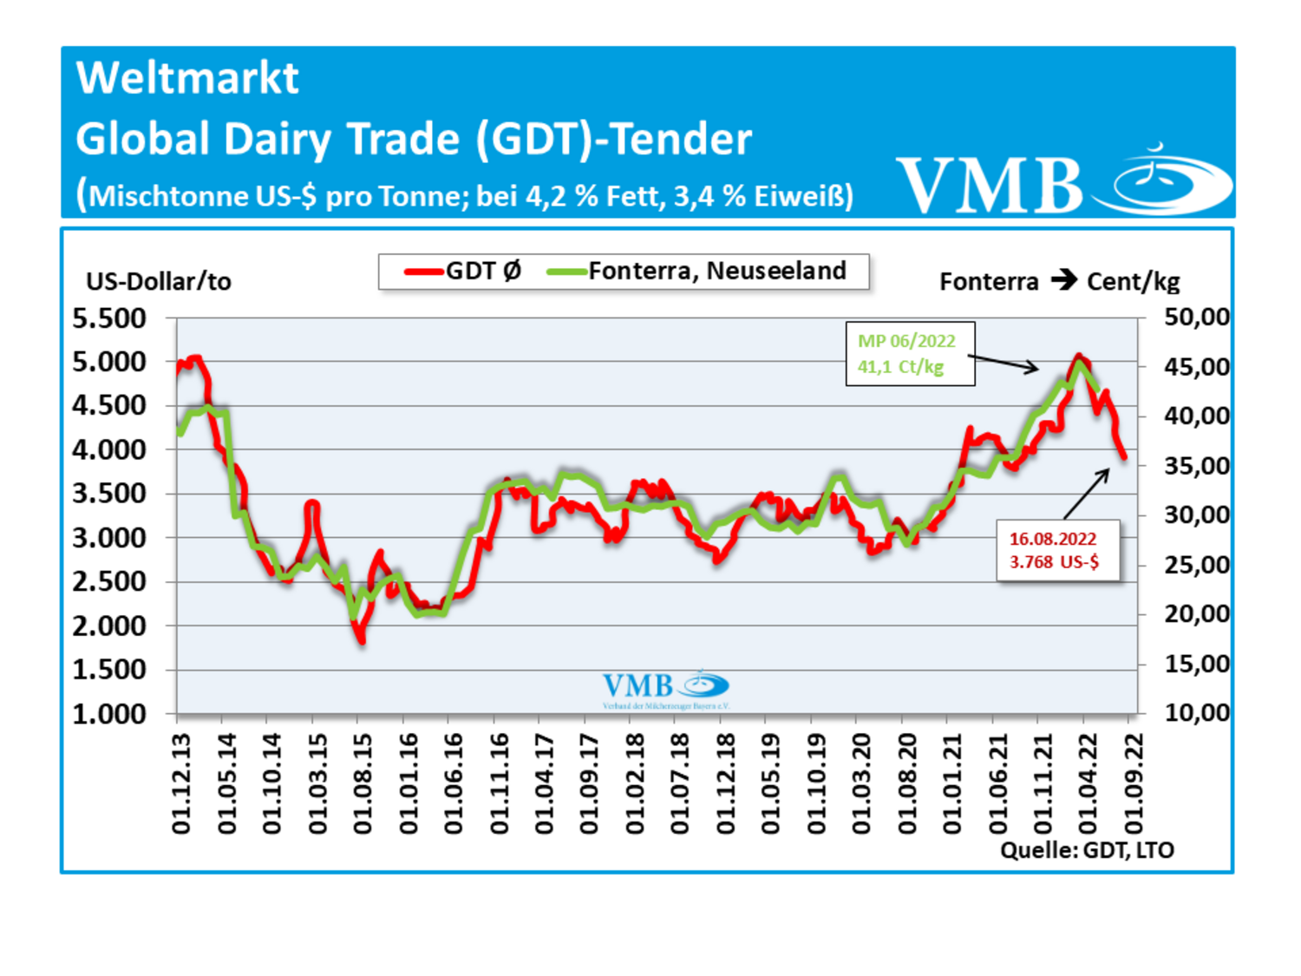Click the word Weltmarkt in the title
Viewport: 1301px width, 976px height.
coord(187,78)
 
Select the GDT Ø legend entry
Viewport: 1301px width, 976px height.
coord(464,272)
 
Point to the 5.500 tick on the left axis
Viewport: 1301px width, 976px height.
coord(109,319)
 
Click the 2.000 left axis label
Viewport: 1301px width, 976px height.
coord(109,626)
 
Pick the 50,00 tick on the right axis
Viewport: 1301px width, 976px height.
coord(1196,318)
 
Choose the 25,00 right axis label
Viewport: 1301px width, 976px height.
coord(1196,566)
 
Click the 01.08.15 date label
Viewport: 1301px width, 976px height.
coord(363,783)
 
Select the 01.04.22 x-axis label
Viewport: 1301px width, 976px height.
coord(1088,783)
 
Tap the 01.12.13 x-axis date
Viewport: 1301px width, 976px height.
coord(181,783)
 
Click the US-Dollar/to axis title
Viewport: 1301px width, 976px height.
coord(159,282)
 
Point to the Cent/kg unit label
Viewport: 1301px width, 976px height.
coord(1133,282)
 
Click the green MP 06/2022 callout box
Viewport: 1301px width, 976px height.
coord(910,354)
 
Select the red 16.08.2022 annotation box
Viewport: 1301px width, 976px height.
coord(1057,551)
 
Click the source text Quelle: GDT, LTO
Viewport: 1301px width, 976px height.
coord(1087,850)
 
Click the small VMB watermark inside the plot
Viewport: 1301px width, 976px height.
coord(665,688)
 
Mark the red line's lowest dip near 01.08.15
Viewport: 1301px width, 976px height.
coord(361,640)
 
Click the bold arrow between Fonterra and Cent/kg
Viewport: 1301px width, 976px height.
coord(1063,280)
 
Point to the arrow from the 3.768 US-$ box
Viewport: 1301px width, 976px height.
coord(1087,494)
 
